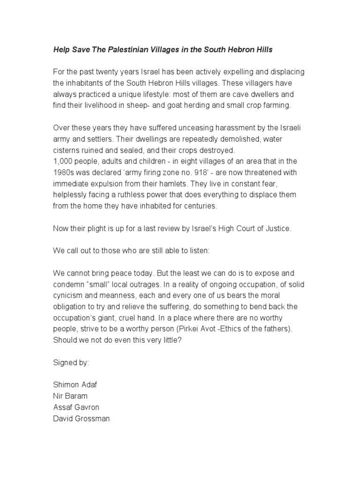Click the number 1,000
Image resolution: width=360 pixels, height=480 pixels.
click(x=64, y=162)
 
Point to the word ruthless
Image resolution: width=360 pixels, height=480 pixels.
click(x=127, y=195)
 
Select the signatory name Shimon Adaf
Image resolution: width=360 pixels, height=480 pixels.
click(x=75, y=385)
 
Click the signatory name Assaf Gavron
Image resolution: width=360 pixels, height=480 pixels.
click(x=76, y=407)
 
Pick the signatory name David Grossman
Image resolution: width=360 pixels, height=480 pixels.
click(x=81, y=419)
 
